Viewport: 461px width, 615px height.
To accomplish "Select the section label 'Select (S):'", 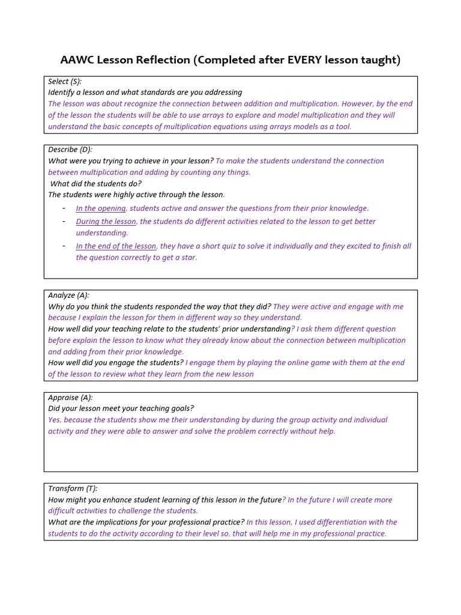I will [x=65, y=81].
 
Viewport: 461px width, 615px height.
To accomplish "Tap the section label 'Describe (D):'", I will [x=70, y=150].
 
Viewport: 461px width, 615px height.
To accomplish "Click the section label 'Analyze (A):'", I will [x=68, y=295].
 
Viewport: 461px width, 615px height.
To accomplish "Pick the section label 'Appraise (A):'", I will [x=70, y=397].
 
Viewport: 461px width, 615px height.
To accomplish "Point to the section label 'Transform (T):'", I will [x=73, y=488].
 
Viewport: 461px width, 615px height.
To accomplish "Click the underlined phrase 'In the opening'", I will [x=100, y=208].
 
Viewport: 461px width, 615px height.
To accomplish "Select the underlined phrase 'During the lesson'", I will [x=106, y=222].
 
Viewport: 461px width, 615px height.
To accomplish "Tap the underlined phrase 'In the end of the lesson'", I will [x=116, y=246].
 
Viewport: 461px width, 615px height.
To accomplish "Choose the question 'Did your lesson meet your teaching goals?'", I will [x=121, y=408].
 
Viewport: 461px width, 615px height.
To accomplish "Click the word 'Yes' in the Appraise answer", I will [x=55, y=420].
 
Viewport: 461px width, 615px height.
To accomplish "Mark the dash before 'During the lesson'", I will [x=64, y=222].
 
